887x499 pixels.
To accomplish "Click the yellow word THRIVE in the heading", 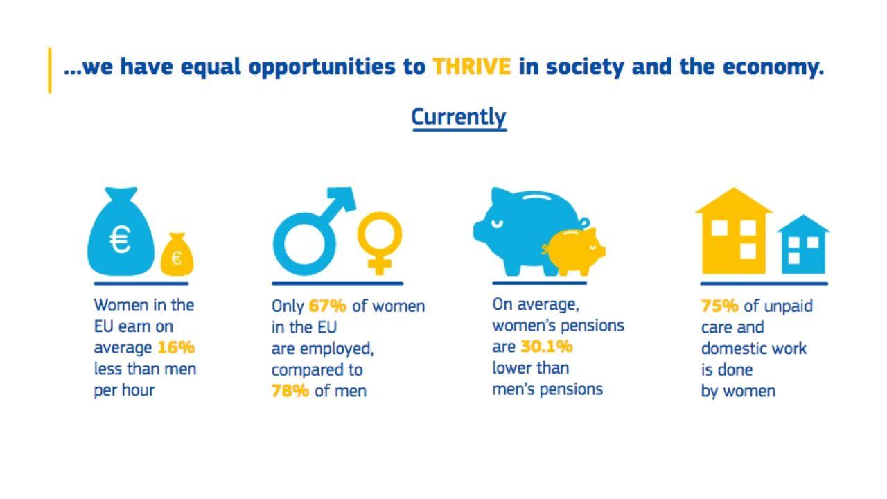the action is [x=472, y=66].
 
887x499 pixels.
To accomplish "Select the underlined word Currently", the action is [x=459, y=117].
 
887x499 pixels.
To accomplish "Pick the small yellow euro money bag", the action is [x=177, y=254].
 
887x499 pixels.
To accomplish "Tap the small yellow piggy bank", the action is [x=575, y=251].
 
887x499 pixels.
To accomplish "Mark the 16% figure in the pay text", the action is [x=176, y=348].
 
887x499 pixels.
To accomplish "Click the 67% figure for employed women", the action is [x=327, y=306].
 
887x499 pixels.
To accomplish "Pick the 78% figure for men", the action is [x=290, y=391].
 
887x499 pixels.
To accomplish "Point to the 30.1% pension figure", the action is [x=547, y=347].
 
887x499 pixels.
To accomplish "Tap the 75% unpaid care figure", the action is [x=719, y=306].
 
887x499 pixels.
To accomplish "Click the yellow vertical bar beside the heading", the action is [x=50, y=71].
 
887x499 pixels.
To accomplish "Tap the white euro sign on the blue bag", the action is [x=120, y=239].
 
